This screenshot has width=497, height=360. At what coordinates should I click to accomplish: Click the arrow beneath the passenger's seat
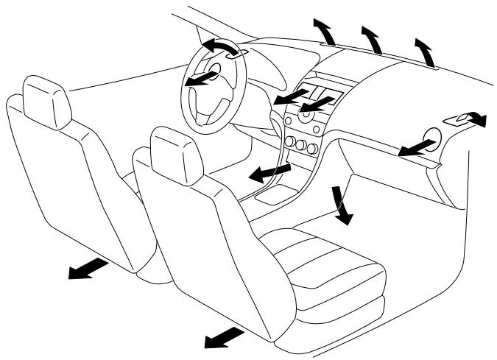click(224, 337)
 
